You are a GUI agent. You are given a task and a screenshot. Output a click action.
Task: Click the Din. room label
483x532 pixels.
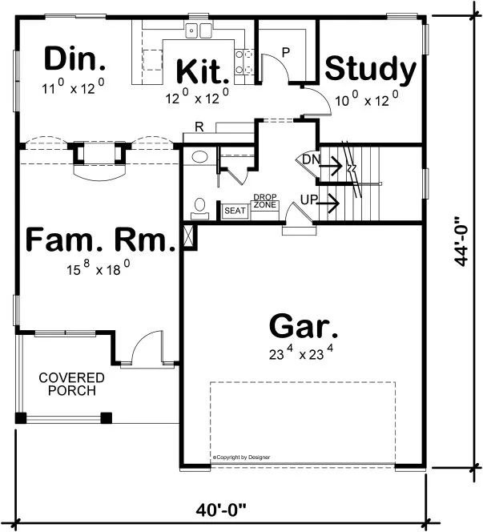74,59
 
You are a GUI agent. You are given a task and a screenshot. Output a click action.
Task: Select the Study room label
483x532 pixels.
370,70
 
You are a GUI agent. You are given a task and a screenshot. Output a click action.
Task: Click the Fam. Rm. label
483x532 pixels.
100,241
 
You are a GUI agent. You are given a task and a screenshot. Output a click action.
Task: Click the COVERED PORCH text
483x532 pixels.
72,385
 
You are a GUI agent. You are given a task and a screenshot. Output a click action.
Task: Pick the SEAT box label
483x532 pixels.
235,211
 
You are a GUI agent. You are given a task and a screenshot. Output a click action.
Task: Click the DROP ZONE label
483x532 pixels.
264,201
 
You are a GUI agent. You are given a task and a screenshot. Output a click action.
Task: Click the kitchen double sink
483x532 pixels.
197,31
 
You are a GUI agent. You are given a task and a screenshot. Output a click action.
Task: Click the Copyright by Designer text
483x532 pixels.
241,457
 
